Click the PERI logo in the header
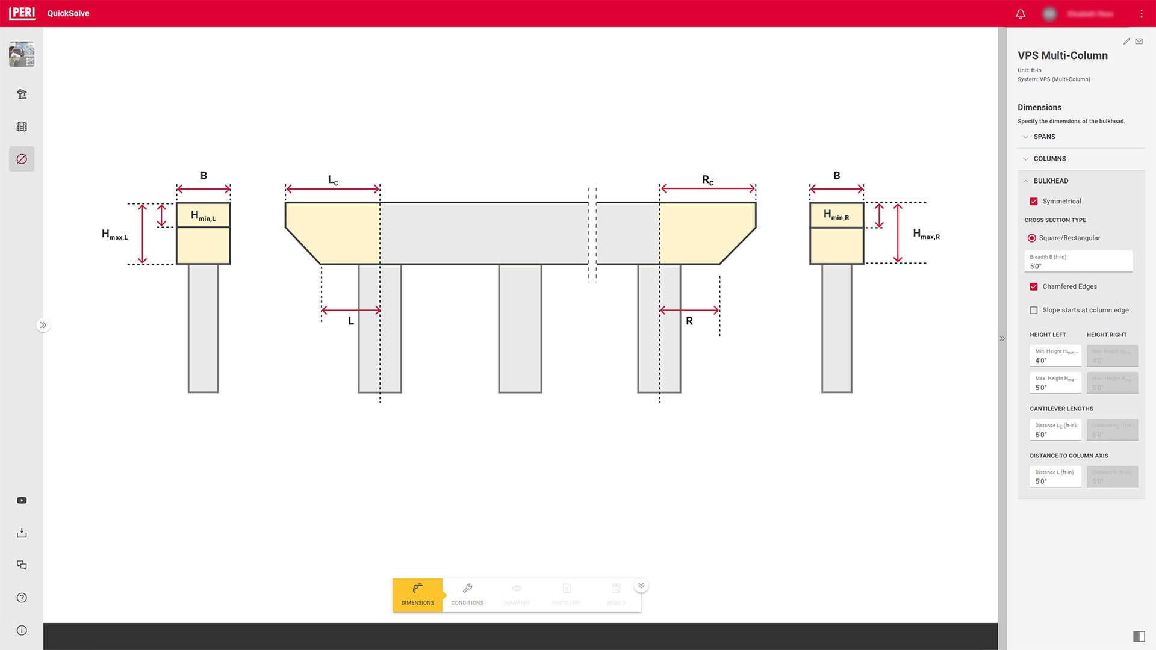click(x=22, y=13)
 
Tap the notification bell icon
click(x=1021, y=14)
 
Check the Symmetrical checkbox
click(x=1034, y=202)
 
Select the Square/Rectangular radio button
click(x=1032, y=238)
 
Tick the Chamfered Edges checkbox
click(x=1034, y=287)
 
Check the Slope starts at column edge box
click(x=1034, y=311)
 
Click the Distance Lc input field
click(x=1055, y=430)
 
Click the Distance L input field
click(x=1055, y=477)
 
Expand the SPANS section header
click(x=1044, y=137)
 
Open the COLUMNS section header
click(x=1049, y=159)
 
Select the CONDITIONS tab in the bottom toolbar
click(x=467, y=595)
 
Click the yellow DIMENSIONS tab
click(x=417, y=595)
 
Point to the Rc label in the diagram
click(x=707, y=180)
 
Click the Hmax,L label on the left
click(x=114, y=235)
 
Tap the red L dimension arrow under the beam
click(x=351, y=311)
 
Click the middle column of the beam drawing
click(x=520, y=328)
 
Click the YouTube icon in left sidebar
click(x=22, y=501)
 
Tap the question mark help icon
click(x=22, y=598)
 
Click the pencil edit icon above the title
click(x=1126, y=42)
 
